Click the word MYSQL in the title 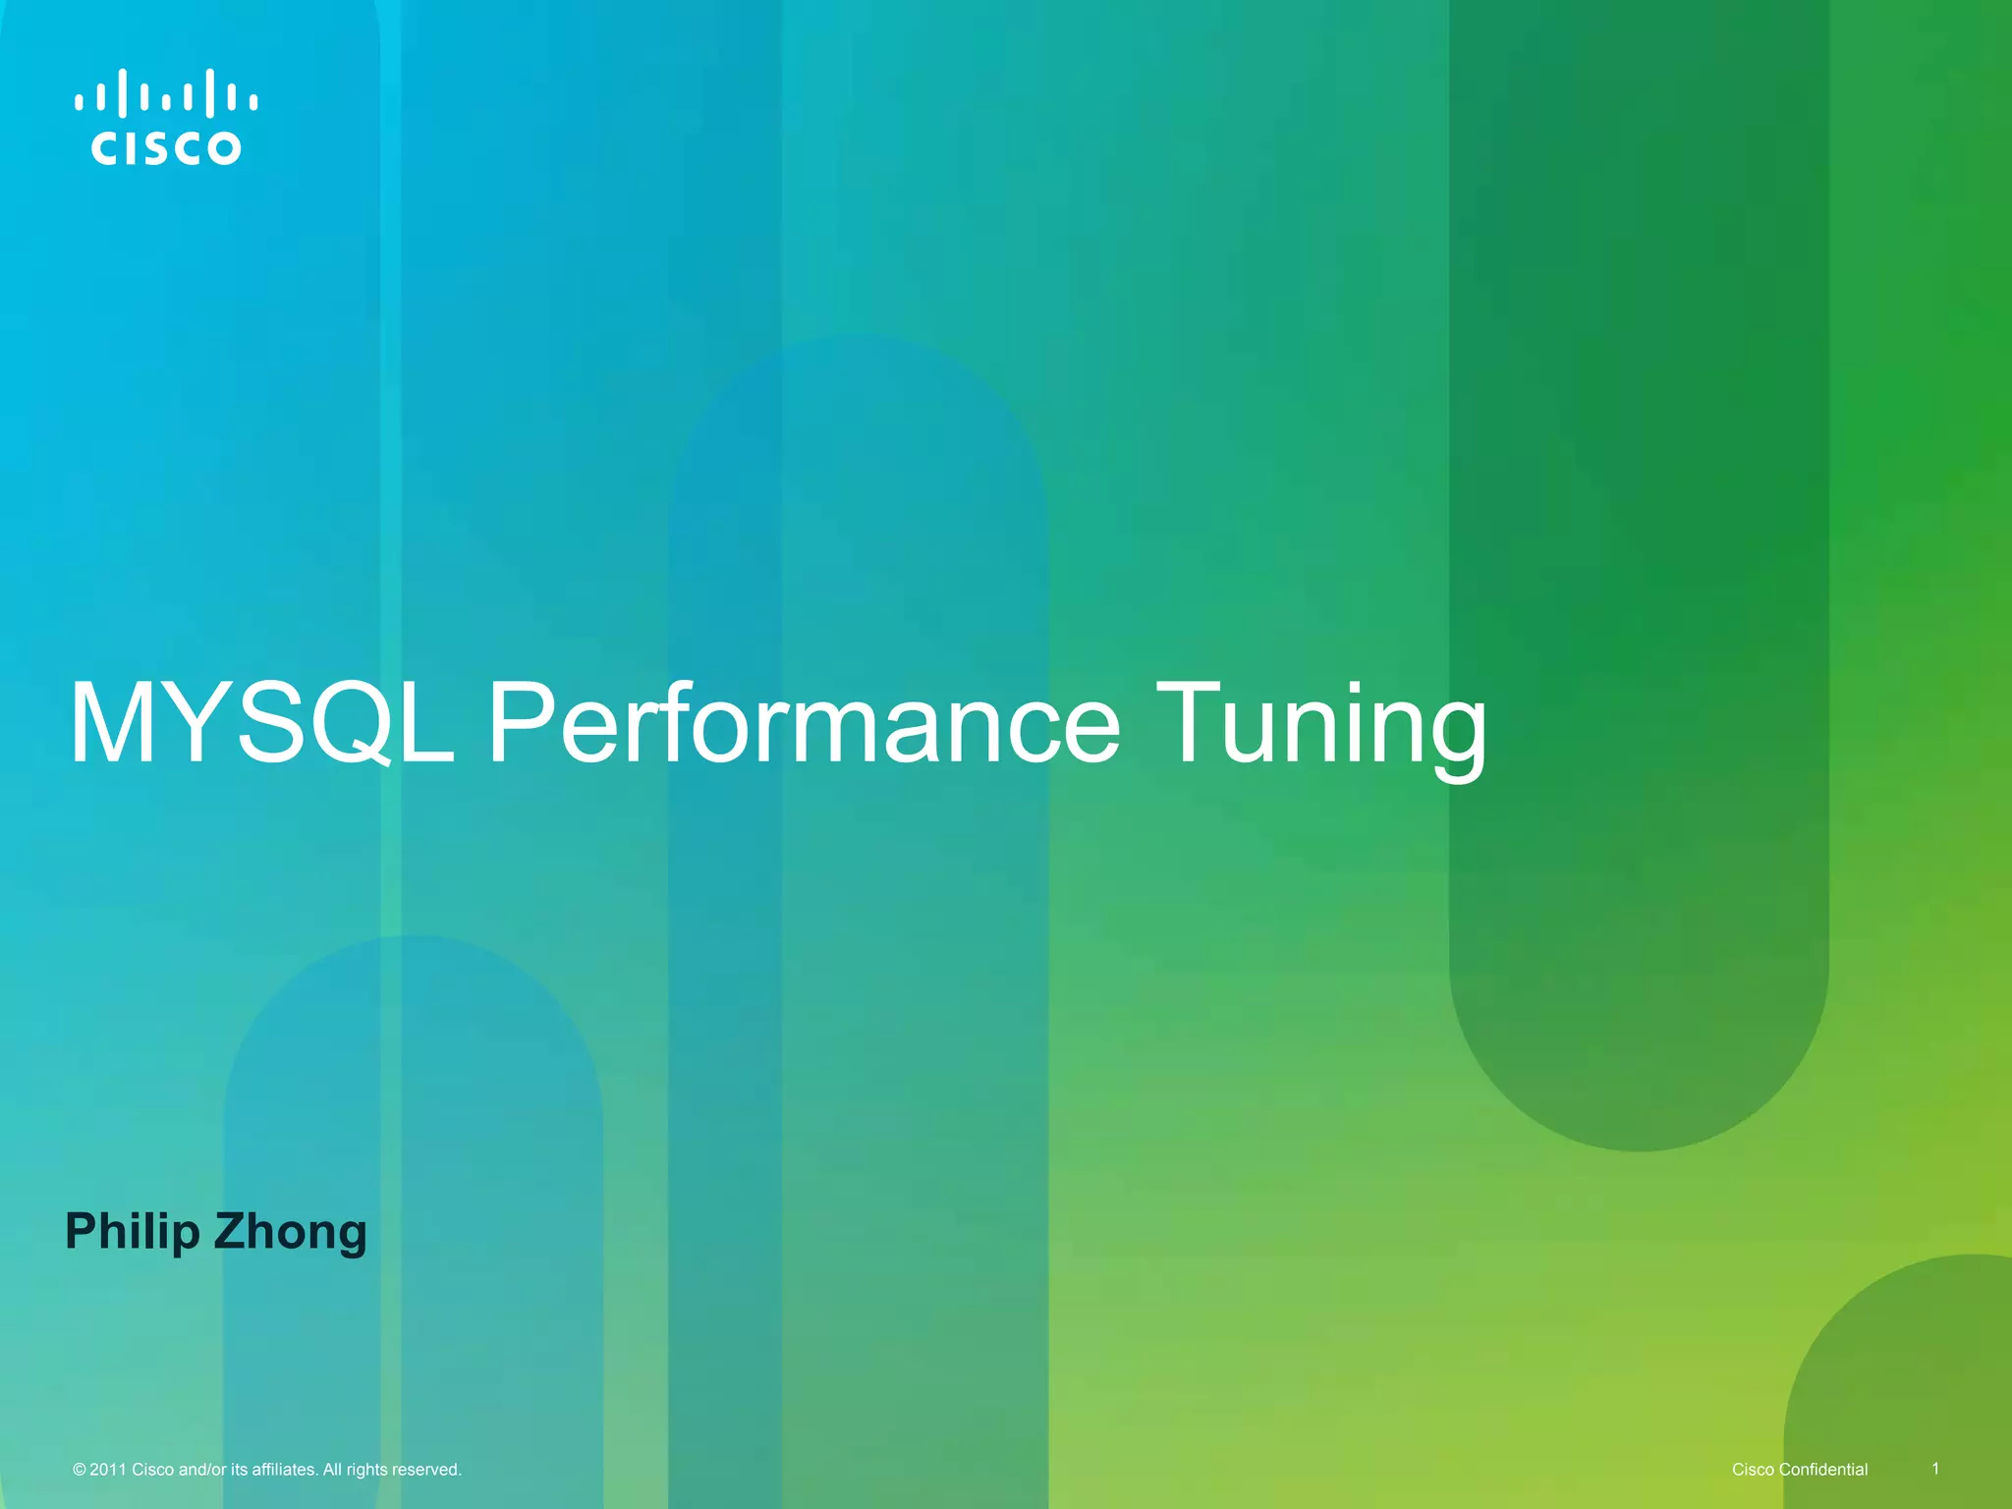click(x=261, y=725)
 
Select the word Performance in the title click(x=804, y=725)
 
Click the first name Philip click(x=132, y=1233)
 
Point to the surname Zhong click(x=290, y=1233)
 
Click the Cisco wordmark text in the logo click(x=166, y=148)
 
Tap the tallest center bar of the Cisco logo click(x=166, y=93)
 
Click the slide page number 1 click(x=1935, y=1468)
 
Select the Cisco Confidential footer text click(x=1799, y=1470)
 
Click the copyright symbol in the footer click(x=80, y=1470)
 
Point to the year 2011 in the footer click(x=108, y=1470)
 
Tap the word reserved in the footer click(x=426, y=1470)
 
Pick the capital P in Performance click(x=521, y=723)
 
